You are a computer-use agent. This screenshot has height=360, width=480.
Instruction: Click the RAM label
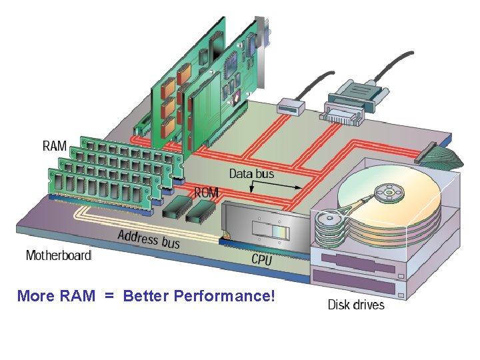tap(55, 145)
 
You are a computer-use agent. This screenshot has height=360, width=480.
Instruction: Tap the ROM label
tap(206, 192)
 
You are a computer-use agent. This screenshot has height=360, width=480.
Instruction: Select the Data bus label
tap(251, 174)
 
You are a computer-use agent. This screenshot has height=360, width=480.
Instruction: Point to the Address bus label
tap(149, 238)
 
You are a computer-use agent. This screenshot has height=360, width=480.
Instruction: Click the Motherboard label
tap(59, 255)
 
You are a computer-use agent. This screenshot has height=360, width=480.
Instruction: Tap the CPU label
tap(262, 259)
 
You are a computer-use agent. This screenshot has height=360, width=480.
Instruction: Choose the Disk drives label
tap(356, 305)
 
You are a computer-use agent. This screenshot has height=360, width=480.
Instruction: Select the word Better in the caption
tap(146, 295)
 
